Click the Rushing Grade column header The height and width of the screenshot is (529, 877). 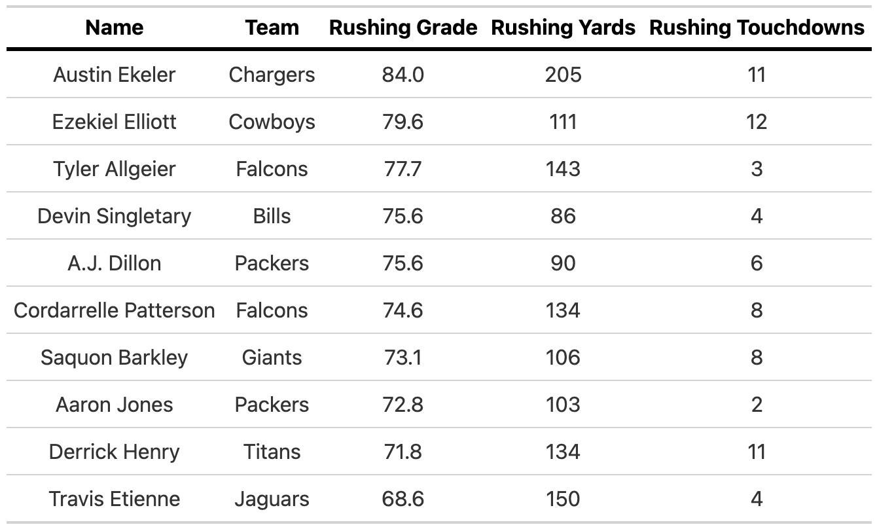(x=403, y=27)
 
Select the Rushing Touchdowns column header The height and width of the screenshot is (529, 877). (x=757, y=27)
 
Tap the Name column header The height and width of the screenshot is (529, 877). (x=115, y=27)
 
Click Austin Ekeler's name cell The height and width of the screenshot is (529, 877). (x=115, y=75)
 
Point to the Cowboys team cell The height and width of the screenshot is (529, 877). (x=272, y=122)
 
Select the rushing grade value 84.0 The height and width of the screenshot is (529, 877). (x=403, y=75)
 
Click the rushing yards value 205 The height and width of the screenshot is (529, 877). (x=563, y=75)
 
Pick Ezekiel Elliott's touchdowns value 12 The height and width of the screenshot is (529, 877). (x=757, y=122)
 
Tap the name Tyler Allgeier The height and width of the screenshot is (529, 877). (x=115, y=169)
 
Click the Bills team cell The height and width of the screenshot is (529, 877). (x=272, y=216)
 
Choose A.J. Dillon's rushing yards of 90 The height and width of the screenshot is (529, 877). (x=563, y=263)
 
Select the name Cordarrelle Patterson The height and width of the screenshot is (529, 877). (x=115, y=310)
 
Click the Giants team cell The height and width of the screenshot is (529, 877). (x=272, y=357)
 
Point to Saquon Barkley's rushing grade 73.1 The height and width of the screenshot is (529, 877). (x=403, y=357)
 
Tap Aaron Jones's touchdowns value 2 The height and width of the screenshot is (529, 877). (x=757, y=405)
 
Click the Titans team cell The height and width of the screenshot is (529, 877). (x=272, y=452)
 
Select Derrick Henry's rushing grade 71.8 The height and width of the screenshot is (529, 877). (x=403, y=452)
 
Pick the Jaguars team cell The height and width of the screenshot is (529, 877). (x=272, y=499)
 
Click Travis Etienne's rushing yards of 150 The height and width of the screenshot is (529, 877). (x=563, y=499)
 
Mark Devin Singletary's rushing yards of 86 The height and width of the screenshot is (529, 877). (x=563, y=216)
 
